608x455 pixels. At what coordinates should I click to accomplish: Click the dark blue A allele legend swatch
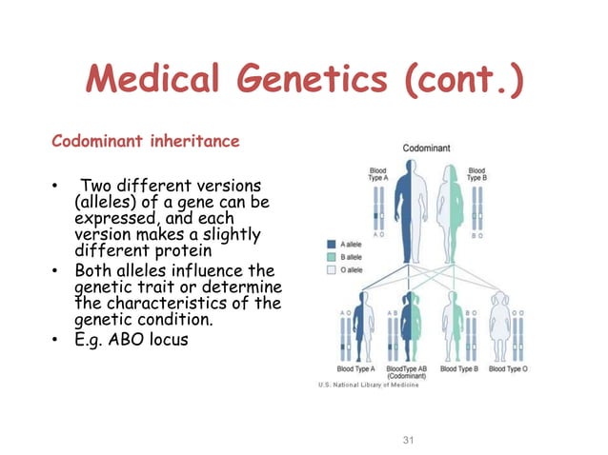tap(332, 243)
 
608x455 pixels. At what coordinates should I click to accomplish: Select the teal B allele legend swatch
tap(332, 256)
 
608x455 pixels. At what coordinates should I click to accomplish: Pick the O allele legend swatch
tap(332, 269)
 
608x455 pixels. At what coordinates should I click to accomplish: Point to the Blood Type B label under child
tap(459, 369)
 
